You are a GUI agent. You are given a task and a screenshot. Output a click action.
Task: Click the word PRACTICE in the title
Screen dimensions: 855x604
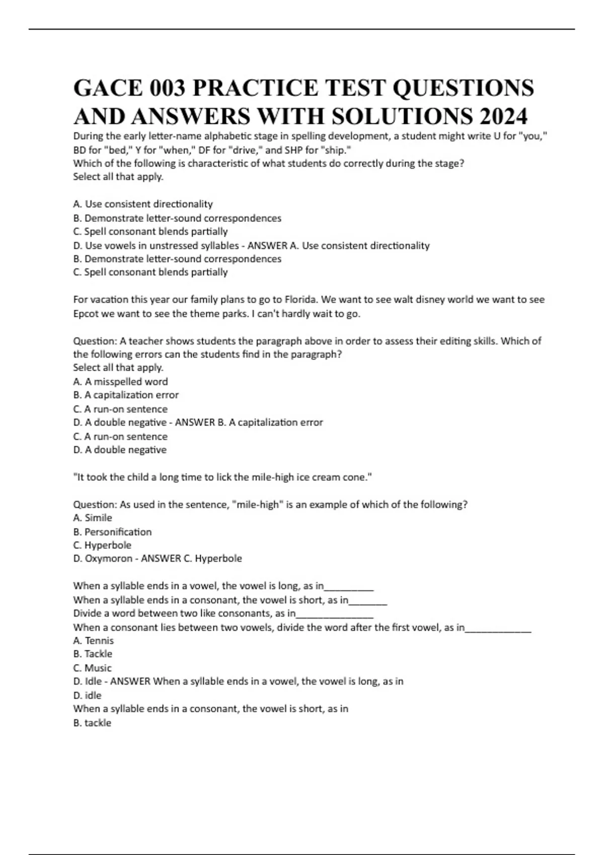pyautogui.click(x=255, y=89)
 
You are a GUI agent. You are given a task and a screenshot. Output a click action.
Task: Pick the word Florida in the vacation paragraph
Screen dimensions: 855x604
pyautogui.click(x=301, y=300)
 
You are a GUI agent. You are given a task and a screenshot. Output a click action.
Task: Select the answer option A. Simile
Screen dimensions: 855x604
pyautogui.click(x=93, y=518)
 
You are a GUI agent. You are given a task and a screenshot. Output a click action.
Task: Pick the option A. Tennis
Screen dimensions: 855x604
pyautogui.click(x=94, y=641)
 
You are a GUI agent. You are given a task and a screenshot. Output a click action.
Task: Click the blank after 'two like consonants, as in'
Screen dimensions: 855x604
pyautogui.click(x=335, y=614)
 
